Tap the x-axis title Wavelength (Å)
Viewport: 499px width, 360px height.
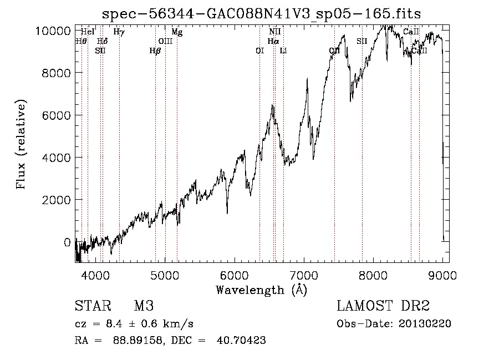click(x=261, y=290)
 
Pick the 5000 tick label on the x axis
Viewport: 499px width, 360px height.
click(x=165, y=273)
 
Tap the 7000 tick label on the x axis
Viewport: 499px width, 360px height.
click(x=304, y=273)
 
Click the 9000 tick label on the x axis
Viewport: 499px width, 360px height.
click(x=443, y=273)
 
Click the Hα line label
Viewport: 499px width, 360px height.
click(x=273, y=41)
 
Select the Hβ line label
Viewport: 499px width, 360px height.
click(x=155, y=50)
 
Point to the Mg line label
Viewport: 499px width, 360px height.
click(x=177, y=32)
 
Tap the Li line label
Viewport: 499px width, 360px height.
click(x=283, y=50)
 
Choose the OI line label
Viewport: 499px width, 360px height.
click(x=259, y=50)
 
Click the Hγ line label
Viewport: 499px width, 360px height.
click(x=119, y=32)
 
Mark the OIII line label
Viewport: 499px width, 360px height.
click(x=165, y=41)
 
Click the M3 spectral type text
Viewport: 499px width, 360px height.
click(x=144, y=306)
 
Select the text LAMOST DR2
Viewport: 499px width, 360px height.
click(x=383, y=306)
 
